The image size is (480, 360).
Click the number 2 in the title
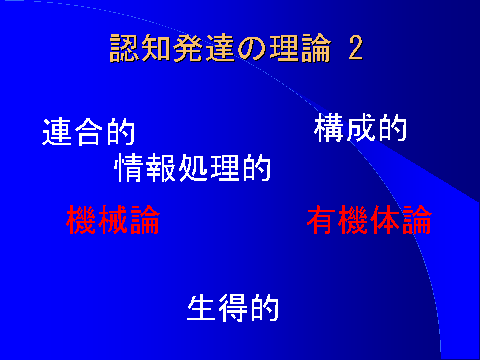click(x=355, y=48)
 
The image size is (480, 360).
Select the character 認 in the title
click(x=124, y=48)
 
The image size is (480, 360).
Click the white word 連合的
click(x=89, y=132)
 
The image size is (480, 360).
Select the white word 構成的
click(x=360, y=128)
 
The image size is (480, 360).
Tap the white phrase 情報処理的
click(x=193, y=168)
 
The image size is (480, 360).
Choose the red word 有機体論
click(x=369, y=220)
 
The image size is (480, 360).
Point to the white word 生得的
click(x=233, y=308)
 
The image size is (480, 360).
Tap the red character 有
click(x=322, y=220)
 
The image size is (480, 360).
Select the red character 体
click(x=385, y=220)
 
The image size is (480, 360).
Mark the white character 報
click(x=161, y=168)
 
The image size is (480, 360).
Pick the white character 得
click(x=233, y=308)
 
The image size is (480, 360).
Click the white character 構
click(x=329, y=128)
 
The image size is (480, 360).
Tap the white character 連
click(x=57, y=132)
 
